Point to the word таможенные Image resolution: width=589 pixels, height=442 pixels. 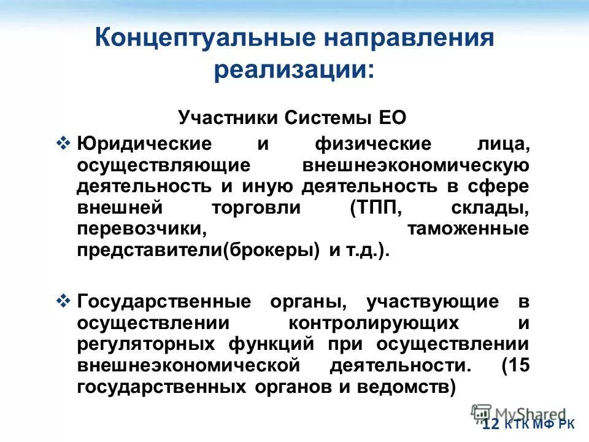pyautogui.click(x=468, y=229)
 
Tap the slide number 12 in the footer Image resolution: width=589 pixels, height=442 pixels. pyautogui.click(x=491, y=424)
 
